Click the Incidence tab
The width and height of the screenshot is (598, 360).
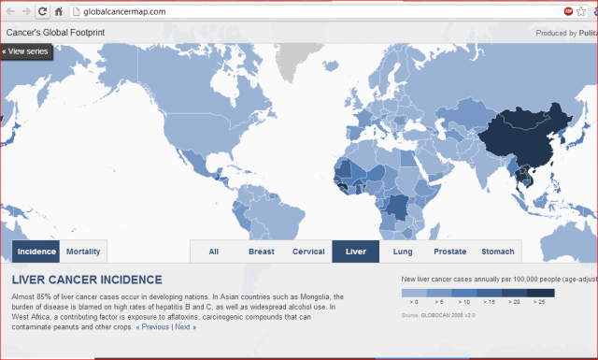coord(36,252)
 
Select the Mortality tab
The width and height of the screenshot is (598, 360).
coord(83,252)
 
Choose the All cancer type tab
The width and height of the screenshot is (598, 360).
coord(214,252)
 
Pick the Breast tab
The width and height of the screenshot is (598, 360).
coord(261,252)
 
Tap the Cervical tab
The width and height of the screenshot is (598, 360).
coord(308,252)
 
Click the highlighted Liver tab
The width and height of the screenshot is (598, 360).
coord(355,252)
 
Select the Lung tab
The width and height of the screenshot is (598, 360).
coord(403,252)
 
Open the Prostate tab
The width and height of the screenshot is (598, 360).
coord(449,252)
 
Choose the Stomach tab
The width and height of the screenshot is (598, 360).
coord(497,252)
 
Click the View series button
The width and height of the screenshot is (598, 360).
coord(27,50)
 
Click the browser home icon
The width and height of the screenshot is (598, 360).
coord(59,11)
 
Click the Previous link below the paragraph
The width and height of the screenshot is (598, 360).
coord(154,327)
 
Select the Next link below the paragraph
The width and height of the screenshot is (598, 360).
coord(185,327)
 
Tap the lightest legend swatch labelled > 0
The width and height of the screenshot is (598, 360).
coord(412,294)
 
